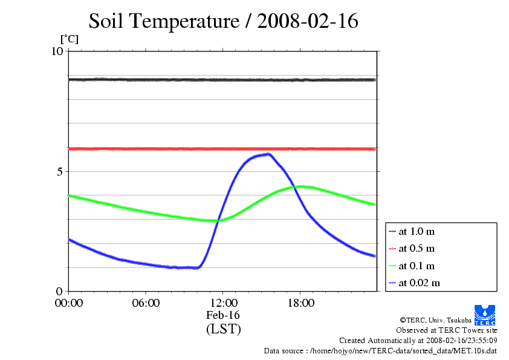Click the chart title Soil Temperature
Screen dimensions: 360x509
224,21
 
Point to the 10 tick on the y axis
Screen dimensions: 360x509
57,51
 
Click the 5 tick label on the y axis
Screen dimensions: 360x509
60,171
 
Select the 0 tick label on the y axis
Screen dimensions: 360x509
60,291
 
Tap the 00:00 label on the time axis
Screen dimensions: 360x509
69,303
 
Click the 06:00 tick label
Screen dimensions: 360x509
146,303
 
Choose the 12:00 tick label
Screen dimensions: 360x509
223,303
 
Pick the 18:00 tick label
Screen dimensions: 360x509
300,303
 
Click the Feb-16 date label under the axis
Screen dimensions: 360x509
223,315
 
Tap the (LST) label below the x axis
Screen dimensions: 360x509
223,329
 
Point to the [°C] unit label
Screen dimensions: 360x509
69,39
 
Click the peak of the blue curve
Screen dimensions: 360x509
268,154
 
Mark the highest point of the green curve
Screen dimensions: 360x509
300,186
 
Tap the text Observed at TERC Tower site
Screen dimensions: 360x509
447,330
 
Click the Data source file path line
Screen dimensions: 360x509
381,351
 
